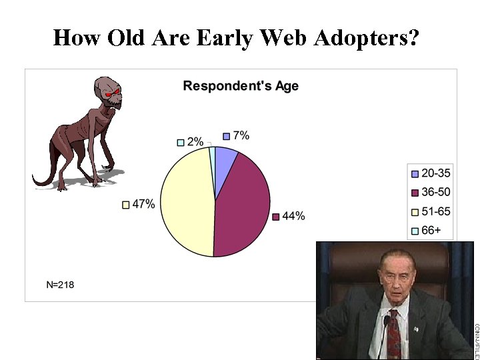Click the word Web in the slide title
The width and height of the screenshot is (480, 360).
(279, 38)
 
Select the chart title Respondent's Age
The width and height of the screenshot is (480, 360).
(241, 86)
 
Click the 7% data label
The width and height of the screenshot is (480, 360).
(241, 135)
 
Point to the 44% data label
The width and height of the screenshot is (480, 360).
(293, 216)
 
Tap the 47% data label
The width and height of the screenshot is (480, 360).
(143, 205)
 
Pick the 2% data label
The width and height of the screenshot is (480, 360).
(195, 141)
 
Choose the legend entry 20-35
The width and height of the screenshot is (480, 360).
(435, 173)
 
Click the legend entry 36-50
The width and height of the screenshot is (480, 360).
(435, 193)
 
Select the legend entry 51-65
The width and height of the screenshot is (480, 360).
(435, 212)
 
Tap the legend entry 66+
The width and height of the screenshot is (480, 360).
(431, 231)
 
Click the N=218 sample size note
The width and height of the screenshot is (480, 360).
(60, 285)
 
